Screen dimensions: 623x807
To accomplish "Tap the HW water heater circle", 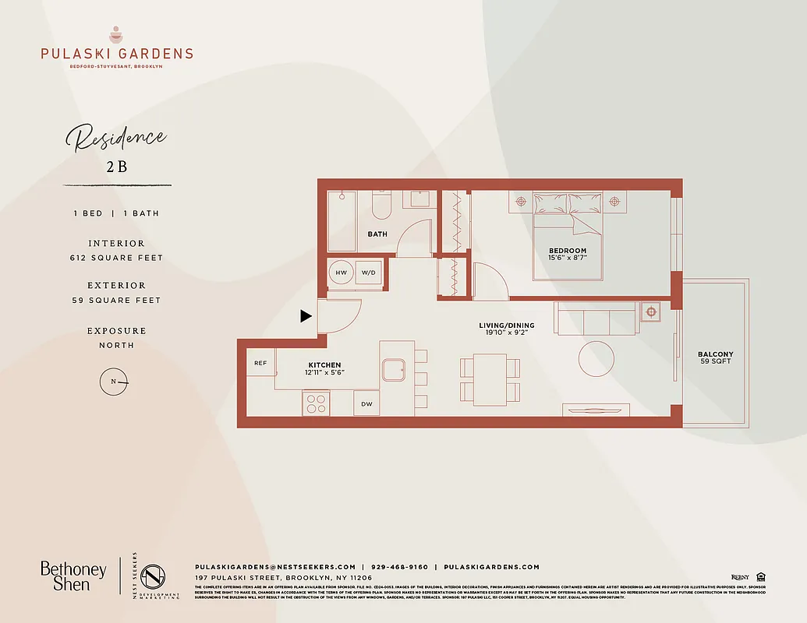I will (x=341, y=273).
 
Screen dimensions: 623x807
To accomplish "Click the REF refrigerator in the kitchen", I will (x=260, y=363).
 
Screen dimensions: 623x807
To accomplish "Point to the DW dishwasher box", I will (x=366, y=403).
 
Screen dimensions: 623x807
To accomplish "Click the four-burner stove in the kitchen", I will (x=316, y=403).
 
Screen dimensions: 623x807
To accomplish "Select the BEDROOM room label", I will (x=567, y=251).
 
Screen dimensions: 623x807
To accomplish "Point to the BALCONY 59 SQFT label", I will (x=715, y=357).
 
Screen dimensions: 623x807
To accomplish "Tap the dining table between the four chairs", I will (x=490, y=378).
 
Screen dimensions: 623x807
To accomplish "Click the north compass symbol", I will (x=115, y=382).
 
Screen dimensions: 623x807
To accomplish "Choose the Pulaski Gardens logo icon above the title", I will (x=116, y=35).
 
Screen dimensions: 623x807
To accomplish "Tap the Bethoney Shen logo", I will (x=73, y=576).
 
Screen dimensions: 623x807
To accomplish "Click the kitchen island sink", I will (x=394, y=369).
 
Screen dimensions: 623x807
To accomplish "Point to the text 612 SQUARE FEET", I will (x=116, y=258).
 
